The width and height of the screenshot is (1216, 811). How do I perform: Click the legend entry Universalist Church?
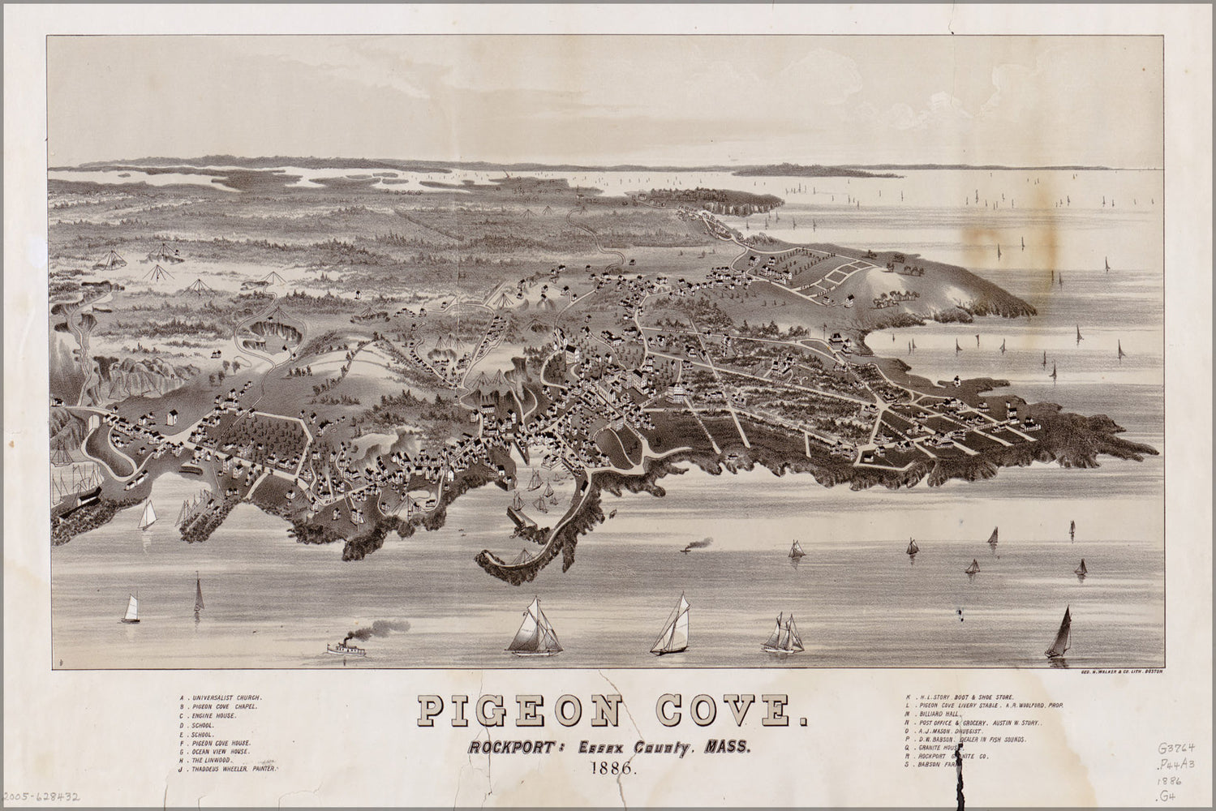[222, 697]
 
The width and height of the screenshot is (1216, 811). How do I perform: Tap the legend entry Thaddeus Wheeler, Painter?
[230, 775]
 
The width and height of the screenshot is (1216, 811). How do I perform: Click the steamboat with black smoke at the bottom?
[344, 648]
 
